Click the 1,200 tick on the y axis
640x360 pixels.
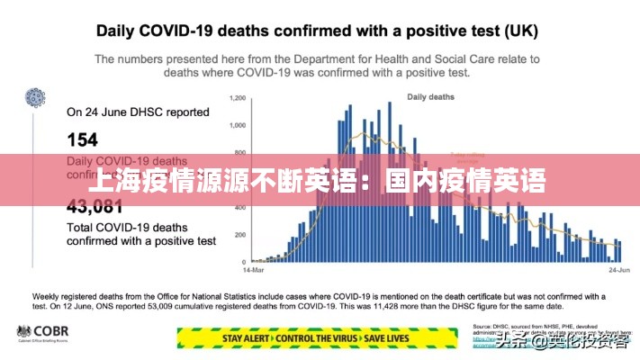[237, 97]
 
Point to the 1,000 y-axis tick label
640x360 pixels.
[237, 125]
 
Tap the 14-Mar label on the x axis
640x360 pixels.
[253, 269]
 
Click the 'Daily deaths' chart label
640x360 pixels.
[430, 96]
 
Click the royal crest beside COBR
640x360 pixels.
[23, 333]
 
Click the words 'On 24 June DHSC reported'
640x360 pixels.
[138, 112]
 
